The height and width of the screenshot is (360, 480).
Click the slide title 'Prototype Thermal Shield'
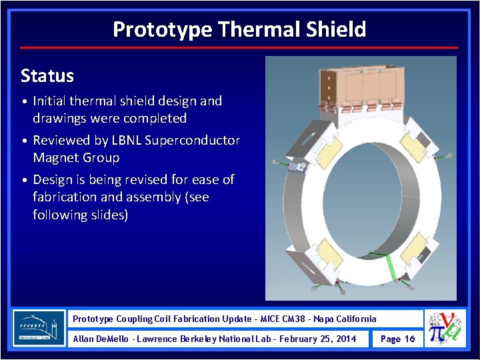pos(239,29)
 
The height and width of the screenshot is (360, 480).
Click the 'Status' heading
pos(47,76)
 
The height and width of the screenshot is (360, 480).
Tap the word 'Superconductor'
pos(200,141)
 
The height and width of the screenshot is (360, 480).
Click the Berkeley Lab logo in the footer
pos(39,328)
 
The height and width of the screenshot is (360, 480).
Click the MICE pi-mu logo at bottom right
pos(447,329)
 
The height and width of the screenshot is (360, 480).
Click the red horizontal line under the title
pos(239,48)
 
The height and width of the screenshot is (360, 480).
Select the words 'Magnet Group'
pos(76,158)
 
